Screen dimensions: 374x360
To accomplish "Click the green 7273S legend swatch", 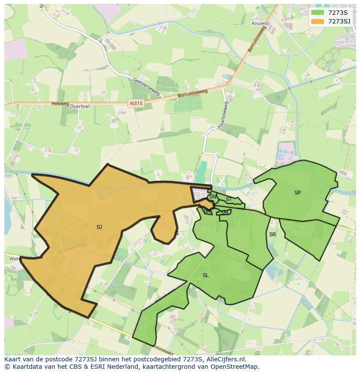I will pyautogui.click(x=318, y=12).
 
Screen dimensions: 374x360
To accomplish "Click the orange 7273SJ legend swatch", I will pyautogui.click(x=318, y=21).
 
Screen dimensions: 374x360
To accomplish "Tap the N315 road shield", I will pyautogui.click(x=136, y=103).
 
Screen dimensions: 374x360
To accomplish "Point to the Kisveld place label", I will pyautogui.click(x=260, y=23).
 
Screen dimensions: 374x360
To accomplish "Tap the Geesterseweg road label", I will pyautogui.click(x=147, y=87).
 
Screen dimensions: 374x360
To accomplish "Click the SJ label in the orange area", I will pyautogui.click(x=99, y=227).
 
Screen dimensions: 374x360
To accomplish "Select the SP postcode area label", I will pyautogui.click(x=297, y=192).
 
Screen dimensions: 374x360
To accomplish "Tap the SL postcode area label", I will pyautogui.click(x=206, y=275).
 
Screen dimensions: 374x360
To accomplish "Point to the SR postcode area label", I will pyautogui.click(x=272, y=235).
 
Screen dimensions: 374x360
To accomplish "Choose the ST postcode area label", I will pyautogui.click(x=228, y=199).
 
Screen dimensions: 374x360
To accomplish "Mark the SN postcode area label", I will pyautogui.click(x=213, y=197).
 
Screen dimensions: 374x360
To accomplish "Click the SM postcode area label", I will pyautogui.click(x=224, y=212).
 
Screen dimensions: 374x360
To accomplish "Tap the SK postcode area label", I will pyautogui.click(x=207, y=211).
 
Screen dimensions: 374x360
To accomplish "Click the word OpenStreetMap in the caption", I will pyautogui.click(x=235, y=366).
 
